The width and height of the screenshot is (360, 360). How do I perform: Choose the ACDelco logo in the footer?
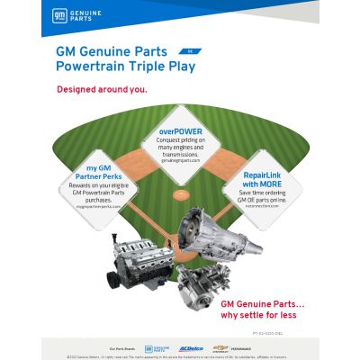pyautogui.click(x=191, y=346)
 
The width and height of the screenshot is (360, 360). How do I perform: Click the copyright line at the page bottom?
pyautogui.click(x=180, y=355)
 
